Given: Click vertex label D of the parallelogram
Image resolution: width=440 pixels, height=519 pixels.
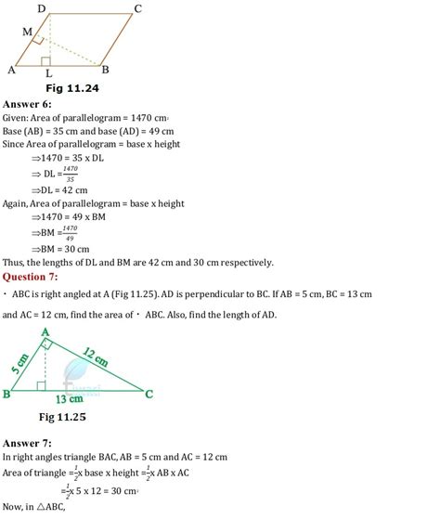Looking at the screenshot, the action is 42,8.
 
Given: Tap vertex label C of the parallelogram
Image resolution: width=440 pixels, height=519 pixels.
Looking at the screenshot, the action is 137,8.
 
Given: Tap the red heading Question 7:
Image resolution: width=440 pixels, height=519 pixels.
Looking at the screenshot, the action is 34,276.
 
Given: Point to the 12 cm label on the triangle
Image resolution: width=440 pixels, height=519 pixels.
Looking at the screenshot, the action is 94,354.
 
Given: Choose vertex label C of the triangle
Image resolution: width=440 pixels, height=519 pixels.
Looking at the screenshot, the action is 149,394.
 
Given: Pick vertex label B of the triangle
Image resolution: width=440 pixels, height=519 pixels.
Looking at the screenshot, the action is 7,394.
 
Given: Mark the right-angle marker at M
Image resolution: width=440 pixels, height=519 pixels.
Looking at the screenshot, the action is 37,41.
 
